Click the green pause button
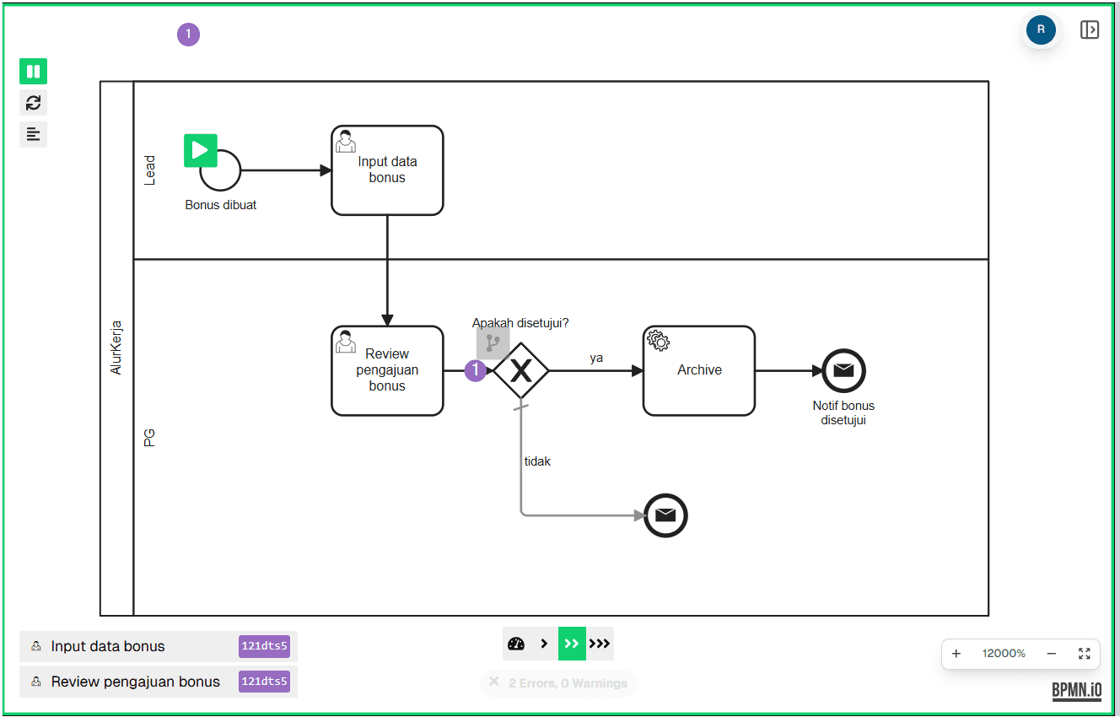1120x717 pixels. click(34, 72)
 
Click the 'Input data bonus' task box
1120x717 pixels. click(387, 170)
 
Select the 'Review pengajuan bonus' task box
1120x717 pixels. click(387, 370)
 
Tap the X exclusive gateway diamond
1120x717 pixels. click(521, 370)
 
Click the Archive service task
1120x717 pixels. click(699, 370)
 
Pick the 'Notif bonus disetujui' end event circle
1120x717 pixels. click(843, 370)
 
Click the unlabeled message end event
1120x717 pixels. click(665, 515)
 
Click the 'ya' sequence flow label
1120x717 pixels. click(596, 358)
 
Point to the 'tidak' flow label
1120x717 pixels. click(537, 461)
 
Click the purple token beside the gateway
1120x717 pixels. click(476, 370)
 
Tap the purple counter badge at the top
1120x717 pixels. click(188, 35)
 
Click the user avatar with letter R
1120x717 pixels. click(1041, 30)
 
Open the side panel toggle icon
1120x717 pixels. click(1090, 30)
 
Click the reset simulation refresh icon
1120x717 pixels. click(34, 103)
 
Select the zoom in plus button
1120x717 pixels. click(956, 654)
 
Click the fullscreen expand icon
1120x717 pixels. click(1085, 654)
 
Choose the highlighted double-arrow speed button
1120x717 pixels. click(572, 644)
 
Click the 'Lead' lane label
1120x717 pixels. click(150, 170)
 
